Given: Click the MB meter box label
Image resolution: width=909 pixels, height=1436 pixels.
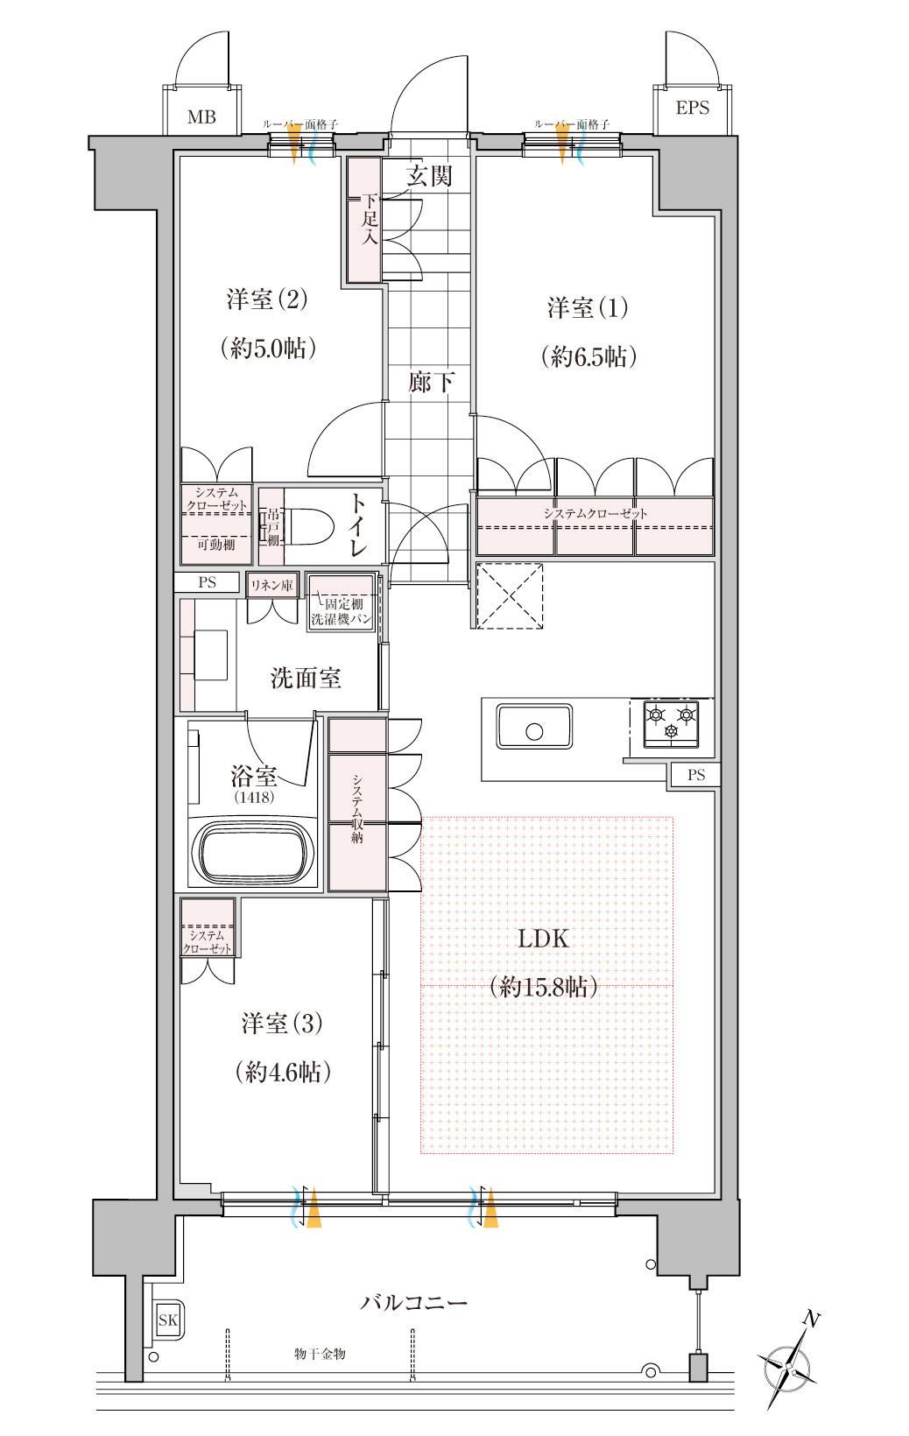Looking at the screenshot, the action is pyautogui.click(x=201, y=117).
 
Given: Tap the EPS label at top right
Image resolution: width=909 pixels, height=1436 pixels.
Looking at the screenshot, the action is pyautogui.click(x=693, y=108).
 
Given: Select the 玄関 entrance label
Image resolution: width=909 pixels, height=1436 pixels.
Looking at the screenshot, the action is pyautogui.click(x=429, y=175).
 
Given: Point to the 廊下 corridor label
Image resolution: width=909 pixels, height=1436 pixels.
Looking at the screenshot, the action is pyautogui.click(x=431, y=382).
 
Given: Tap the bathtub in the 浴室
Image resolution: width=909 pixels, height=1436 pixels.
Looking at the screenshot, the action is pyautogui.click(x=254, y=852).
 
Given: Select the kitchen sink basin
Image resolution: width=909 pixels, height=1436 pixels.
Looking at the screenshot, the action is pyautogui.click(x=534, y=727).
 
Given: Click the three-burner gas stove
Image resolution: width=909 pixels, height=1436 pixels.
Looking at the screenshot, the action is pyautogui.click(x=671, y=723).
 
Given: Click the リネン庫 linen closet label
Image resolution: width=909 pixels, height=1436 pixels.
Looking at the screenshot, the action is pyautogui.click(x=271, y=585).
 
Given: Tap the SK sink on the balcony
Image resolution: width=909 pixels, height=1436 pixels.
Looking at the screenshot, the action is pyautogui.click(x=168, y=1320).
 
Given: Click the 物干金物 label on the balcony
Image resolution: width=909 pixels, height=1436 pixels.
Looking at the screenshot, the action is pyautogui.click(x=320, y=1354).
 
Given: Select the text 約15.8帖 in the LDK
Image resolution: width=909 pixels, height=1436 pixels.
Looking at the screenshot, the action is pyautogui.click(x=543, y=986).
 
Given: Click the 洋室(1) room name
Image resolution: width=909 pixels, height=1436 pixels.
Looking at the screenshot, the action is pyautogui.click(x=588, y=307).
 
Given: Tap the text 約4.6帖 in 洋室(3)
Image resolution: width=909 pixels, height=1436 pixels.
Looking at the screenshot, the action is pyautogui.click(x=283, y=1071).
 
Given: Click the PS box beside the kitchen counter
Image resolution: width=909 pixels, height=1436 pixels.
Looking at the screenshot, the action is pyautogui.click(x=695, y=774).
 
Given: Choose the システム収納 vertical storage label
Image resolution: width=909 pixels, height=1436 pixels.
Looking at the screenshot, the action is pyautogui.click(x=357, y=808).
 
